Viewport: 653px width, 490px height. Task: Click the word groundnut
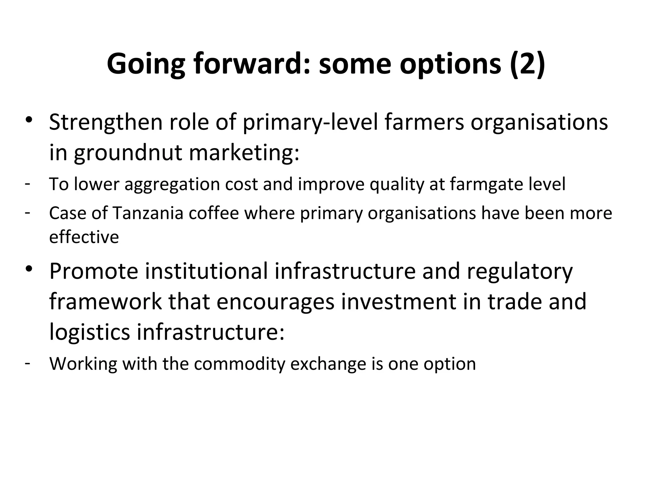[x=128, y=153]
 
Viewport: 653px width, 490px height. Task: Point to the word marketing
[x=244, y=153]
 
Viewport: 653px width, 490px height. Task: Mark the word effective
[x=84, y=237]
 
